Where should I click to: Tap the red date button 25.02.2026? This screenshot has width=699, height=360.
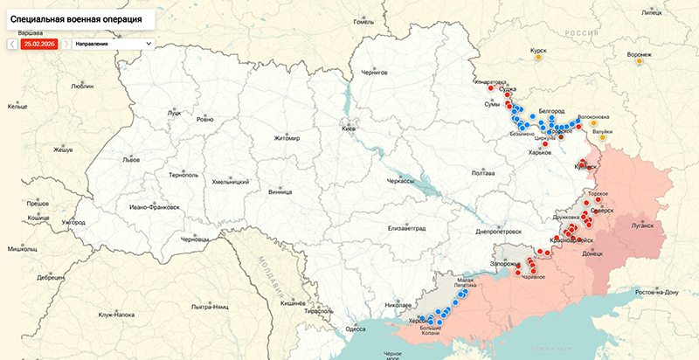click(x=38, y=43)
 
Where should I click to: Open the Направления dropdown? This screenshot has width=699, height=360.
click(x=113, y=43)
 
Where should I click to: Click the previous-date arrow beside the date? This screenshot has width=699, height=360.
click(x=12, y=43)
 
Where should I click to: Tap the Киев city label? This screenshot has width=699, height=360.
click(x=349, y=128)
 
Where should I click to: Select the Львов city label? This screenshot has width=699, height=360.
click(x=131, y=161)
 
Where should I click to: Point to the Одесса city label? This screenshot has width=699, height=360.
click(x=356, y=329)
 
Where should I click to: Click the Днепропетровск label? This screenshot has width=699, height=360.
click(x=498, y=232)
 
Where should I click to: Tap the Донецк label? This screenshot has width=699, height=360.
click(x=592, y=253)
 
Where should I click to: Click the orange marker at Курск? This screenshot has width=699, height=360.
click(x=540, y=60)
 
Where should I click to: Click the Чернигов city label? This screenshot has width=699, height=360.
click(x=373, y=73)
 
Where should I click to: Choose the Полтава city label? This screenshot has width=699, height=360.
click(x=483, y=173)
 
